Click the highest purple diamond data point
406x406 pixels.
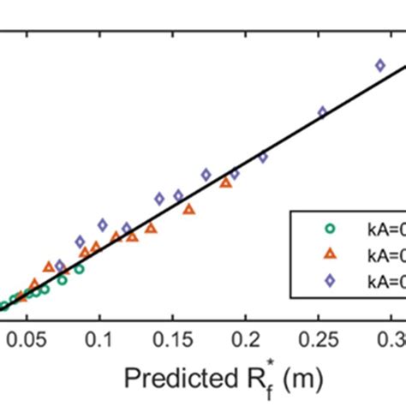[x=380, y=65]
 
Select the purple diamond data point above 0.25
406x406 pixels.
[x=323, y=112]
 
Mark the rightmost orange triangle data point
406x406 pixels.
[x=226, y=182]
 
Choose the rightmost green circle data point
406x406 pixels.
[x=79, y=269]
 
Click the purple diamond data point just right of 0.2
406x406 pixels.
[x=263, y=158]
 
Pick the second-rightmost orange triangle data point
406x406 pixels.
[x=188, y=208]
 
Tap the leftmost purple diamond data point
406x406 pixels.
[x=61, y=266]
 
